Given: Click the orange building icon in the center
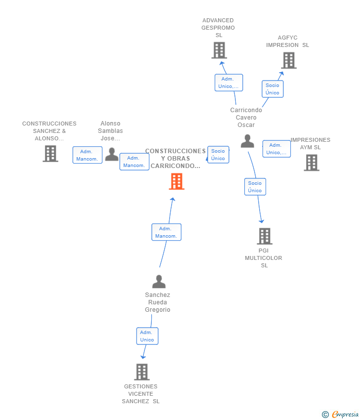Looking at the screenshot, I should (x=177, y=181).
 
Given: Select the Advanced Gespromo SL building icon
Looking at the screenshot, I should (x=219, y=50).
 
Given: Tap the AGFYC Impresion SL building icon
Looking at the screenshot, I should (x=289, y=60).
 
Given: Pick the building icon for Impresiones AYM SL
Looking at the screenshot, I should (x=312, y=163).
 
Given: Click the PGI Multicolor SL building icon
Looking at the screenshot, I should (x=265, y=236).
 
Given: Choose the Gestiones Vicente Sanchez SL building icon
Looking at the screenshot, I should (x=142, y=372).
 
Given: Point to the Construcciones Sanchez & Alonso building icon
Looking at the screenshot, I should (x=50, y=154).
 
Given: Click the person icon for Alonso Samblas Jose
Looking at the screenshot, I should (x=112, y=154).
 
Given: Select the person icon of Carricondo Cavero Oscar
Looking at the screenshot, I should (x=247, y=141).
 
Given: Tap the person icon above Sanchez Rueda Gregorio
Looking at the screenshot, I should (x=159, y=282).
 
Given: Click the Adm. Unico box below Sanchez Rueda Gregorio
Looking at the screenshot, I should (x=147, y=336).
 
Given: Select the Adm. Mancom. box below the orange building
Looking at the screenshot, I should (x=166, y=232).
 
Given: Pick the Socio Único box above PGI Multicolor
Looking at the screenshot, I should (x=255, y=187).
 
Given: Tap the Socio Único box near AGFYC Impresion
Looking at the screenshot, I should (x=272, y=89).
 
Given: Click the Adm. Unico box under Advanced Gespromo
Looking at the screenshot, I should (x=228, y=83).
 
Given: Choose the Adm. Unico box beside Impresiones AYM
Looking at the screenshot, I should (x=276, y=149).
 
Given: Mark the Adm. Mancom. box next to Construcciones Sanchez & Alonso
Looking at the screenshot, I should (x=87, y=155).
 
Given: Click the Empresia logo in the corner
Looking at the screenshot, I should (x=340, y=415).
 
